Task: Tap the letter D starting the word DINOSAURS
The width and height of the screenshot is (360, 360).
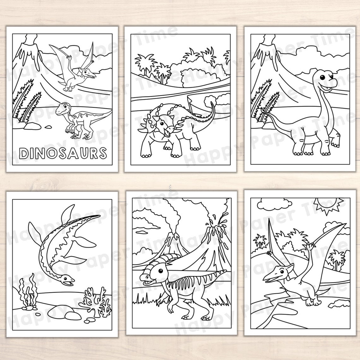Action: [23, 153]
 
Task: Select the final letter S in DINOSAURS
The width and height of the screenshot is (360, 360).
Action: [101, 153]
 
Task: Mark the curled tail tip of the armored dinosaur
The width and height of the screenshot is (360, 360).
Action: [213, 104]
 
